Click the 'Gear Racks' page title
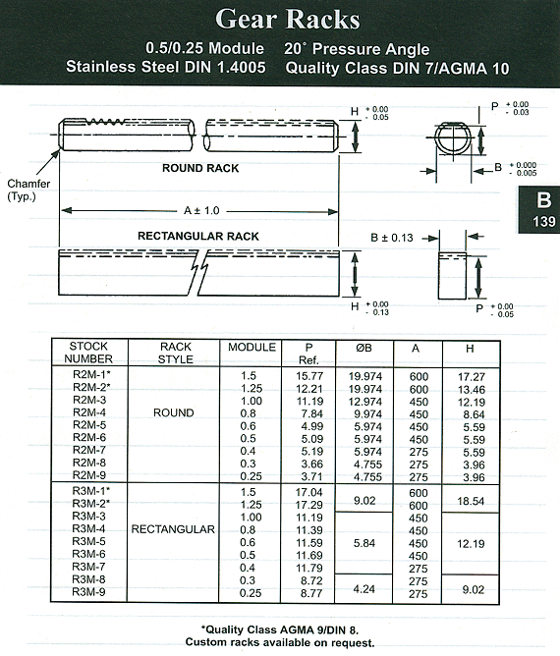click(x=288, y=20)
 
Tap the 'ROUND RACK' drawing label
click(x=200, y=168)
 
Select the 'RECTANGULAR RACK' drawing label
click(x=198, y=237)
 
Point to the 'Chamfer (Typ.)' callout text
click(x=28, y=190)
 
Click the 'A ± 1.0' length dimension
click(x=201, y=210)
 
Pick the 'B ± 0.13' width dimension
click(x=392, y=238)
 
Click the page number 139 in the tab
click(x=543, y=221)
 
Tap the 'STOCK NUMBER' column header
click(x=88, y=353)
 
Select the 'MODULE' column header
click(x=252, y=348)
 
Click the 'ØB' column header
click(x=364, y=348)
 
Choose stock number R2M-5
click(x=89, y=425)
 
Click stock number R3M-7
click(x=88, y=567)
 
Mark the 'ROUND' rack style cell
click(x=174, y=412)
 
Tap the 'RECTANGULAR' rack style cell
click(x=173, y=529)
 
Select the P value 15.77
click(x=309, y=376)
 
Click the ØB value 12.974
click(x=365, y=402)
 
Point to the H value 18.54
click(x=471, y=501)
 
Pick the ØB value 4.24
click(x=364, y=589)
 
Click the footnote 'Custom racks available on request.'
click(x=280, y=642)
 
